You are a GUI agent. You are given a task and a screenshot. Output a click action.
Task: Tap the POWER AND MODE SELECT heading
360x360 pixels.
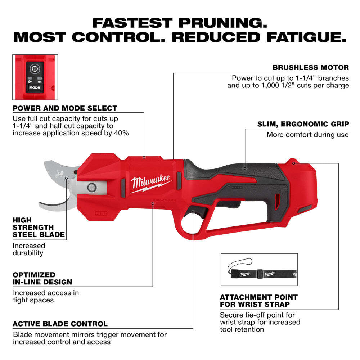pyautogui.click(x=65, y=108)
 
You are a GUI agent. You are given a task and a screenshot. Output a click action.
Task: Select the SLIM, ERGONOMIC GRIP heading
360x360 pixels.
pyautogui.click(x=303, y=124)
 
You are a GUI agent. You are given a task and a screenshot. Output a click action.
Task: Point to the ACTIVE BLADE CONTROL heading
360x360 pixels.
pyautogui.click(x=60, y=324)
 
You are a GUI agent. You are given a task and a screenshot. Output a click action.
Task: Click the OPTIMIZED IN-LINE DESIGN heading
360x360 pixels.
pyautogui.click(x=42, y=278)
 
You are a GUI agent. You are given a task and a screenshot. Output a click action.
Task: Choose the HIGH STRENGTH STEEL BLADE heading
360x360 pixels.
pyautogui.click(x=39, y=227)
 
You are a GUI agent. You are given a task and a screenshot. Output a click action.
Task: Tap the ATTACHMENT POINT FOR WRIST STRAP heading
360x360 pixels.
pyautogui.click(x=258, y=301)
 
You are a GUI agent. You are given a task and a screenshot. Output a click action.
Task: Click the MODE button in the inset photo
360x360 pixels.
pyautogui.click(x=35, y=87)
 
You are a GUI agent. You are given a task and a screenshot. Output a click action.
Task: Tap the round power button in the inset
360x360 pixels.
pyautogui.click(x=35, y=68)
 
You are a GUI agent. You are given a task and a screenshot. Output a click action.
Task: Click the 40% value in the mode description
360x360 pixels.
pyautogui.click(x=122, y=133)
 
